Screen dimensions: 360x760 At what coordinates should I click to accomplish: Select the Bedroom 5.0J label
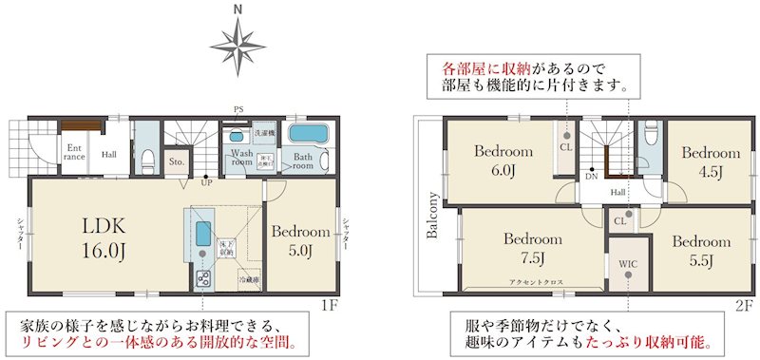pyautogui.click(x=300, y=240)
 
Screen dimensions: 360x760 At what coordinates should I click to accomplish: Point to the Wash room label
pyautogui.click(x=240, y=159)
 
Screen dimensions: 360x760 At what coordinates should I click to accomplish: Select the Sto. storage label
pyautogui.click(x=178, y=162)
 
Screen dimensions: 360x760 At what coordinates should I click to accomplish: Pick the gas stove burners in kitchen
pyautogui.click(x=202, y=277)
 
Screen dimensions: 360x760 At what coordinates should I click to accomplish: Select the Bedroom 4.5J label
pyautogui.click(x=710, y=161)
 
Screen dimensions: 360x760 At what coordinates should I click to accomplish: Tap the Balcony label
pyautogui.click(x=432, y=218)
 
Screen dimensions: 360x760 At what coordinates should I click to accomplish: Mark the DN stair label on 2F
pyautogui.click(x=591, y=177)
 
